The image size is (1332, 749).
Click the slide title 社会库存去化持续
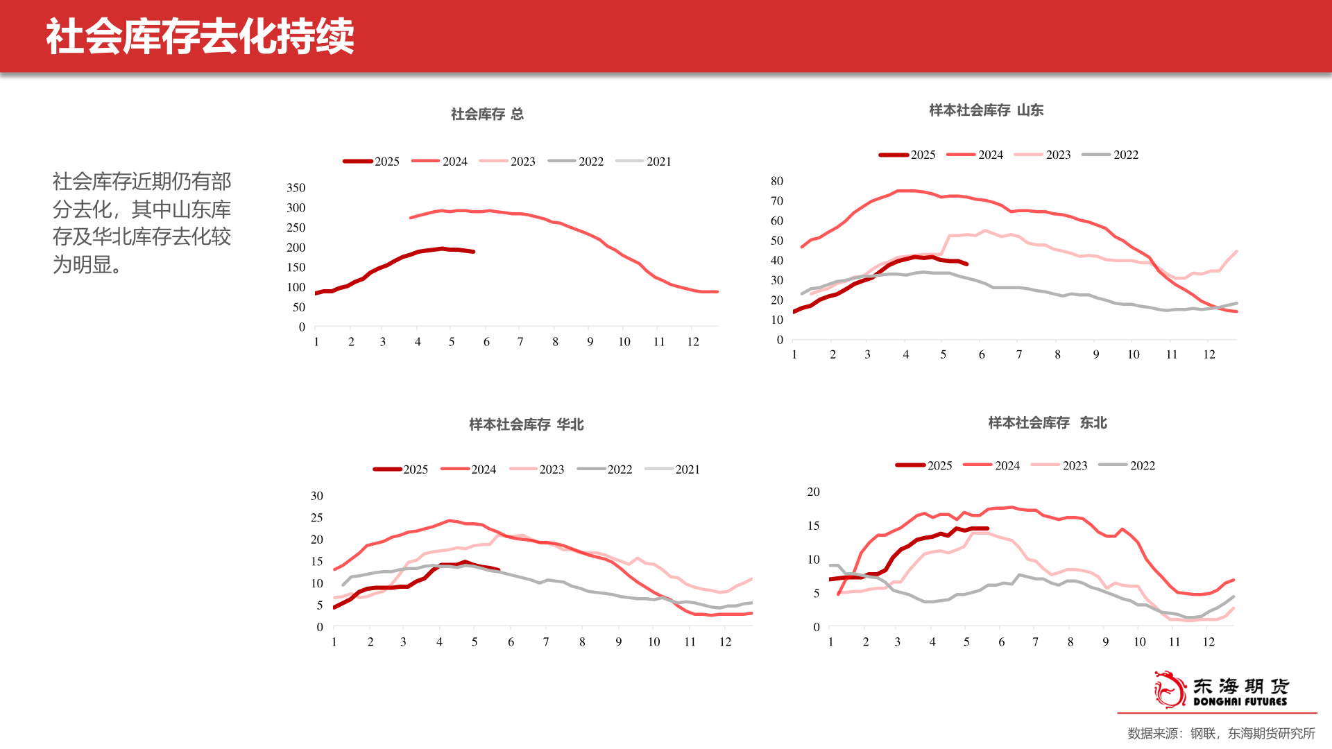tap(200, 36)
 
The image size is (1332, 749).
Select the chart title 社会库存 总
tap(487, 114)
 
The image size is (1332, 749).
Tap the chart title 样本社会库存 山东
tap(986, 110)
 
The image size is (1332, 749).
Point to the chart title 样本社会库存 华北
tap(526, 424)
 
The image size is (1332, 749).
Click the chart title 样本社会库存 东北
tap(1047, 423)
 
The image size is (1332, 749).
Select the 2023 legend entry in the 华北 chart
tap(537, 470)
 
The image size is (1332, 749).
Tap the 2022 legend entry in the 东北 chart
tap(1127, 466)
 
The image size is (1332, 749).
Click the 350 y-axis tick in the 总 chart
tap(296, 188)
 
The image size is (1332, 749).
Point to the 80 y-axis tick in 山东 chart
tap(777, 181)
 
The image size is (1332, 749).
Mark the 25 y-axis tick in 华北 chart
tap(317, 517)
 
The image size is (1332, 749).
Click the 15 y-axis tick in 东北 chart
tap(813, 526)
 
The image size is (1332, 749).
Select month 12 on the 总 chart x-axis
tap(693, 342)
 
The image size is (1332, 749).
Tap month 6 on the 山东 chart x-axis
tap(982, 354)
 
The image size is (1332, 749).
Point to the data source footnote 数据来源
tap(1221, 733)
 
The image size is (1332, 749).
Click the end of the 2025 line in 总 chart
tap(474, 252)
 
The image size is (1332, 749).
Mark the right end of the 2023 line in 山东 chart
tap(1236, 252)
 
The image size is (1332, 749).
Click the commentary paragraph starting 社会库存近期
tap(142, 223)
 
